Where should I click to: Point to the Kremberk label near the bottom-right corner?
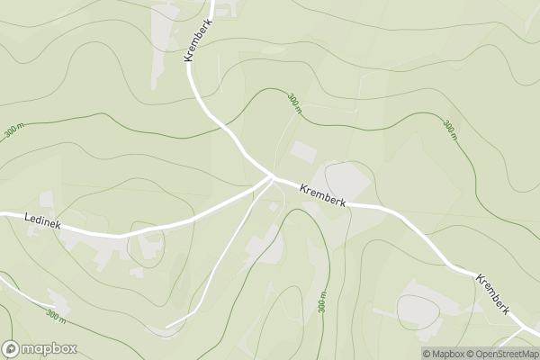[x=493, y=292]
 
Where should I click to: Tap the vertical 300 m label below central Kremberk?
[x=321, y=302]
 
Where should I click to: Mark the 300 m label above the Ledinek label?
[x=14, y=130]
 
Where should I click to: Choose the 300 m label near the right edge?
[x=449, y=130]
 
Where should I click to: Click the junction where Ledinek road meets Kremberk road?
[x=272, y=176]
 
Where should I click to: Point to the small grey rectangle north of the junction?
[x=303, y=153]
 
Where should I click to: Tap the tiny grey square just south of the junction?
[x=274, y=207]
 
